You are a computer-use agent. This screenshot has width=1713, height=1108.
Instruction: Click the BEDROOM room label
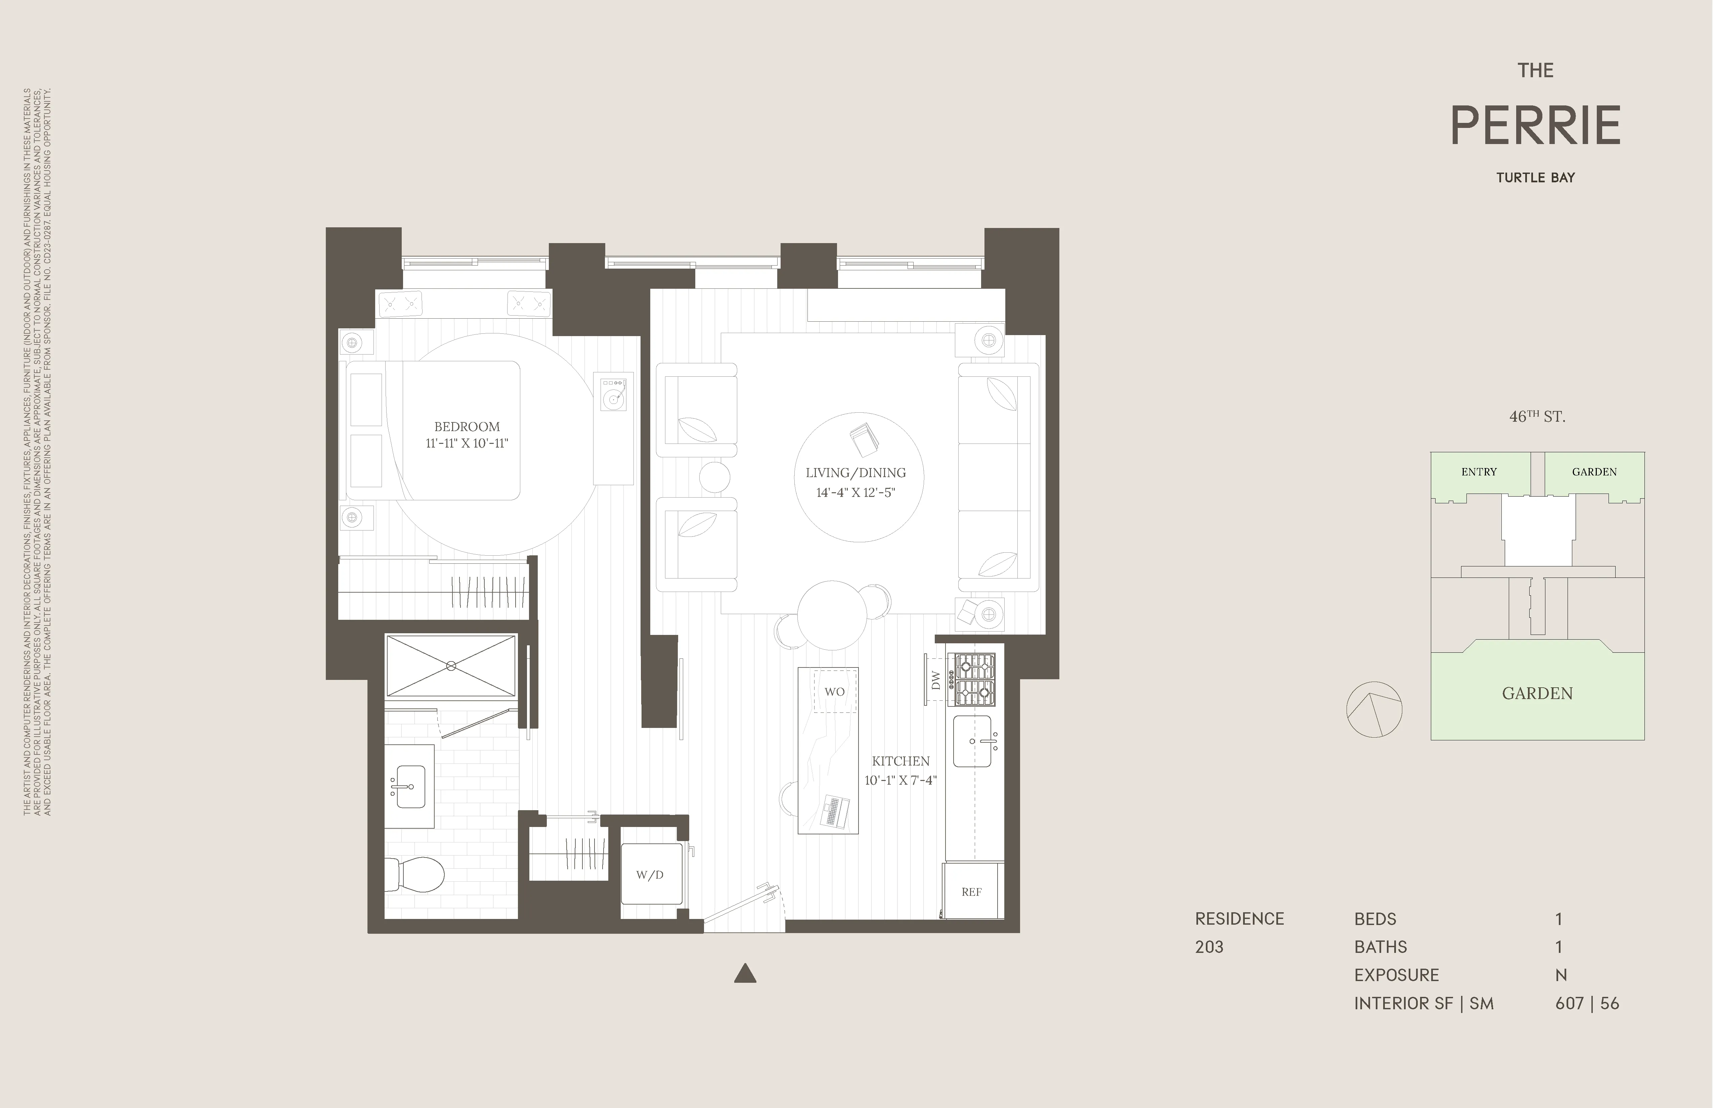(467, 427)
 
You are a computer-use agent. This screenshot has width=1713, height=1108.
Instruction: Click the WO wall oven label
(834, 691)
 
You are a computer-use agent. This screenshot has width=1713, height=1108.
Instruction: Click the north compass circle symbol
(1374, 709)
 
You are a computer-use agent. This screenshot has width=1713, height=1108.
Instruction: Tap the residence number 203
(1209, 947)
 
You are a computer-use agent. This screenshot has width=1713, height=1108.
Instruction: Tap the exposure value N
(1561, 975)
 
